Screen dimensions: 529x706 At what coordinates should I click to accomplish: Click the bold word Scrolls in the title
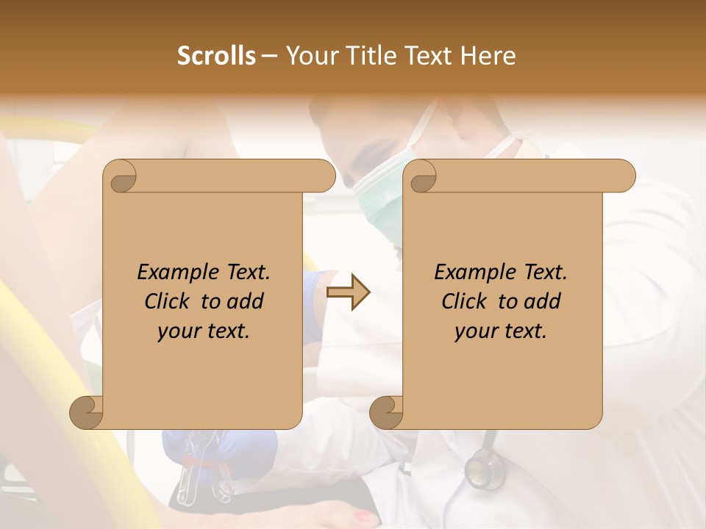pos(217,56)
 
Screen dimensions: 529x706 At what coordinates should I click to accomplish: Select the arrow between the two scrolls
pos(348,292)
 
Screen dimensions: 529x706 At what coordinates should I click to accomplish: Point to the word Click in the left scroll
pos(169,301)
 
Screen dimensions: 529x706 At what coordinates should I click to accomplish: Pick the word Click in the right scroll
pos(466,301)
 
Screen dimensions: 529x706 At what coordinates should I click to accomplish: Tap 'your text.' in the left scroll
pos(204,331)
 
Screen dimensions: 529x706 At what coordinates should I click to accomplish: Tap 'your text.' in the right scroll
pos(501,331)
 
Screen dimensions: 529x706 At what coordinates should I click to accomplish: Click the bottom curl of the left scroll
pos(87,413)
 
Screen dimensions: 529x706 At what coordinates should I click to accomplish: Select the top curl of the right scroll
pos(422,177)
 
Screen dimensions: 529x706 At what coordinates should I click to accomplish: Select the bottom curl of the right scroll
pos(386,413)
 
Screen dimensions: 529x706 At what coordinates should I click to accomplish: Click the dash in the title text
pos(270,57)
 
